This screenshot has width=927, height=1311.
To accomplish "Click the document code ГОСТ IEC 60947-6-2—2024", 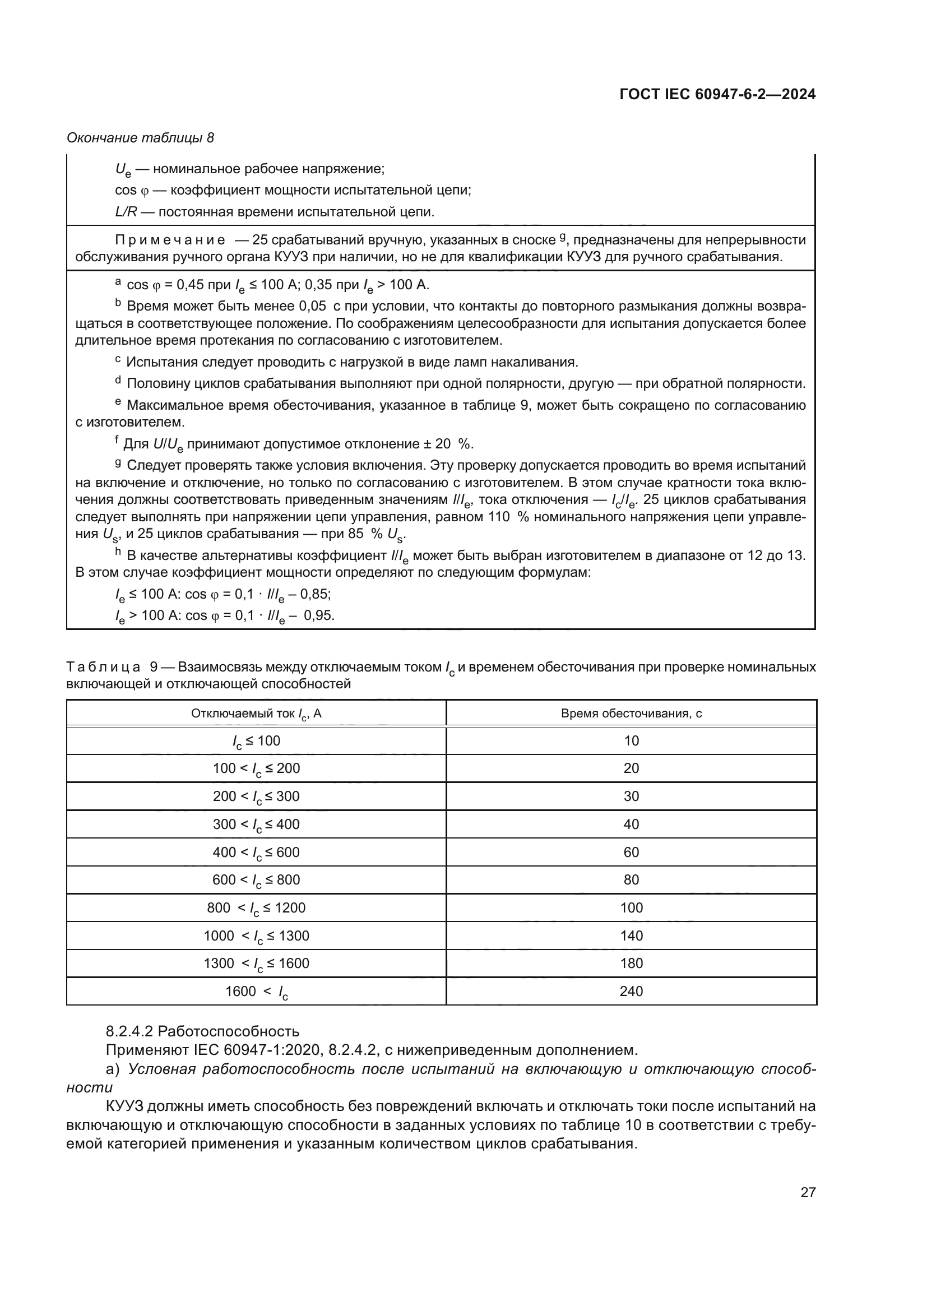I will click(717, 94).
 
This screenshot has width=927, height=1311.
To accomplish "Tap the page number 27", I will click(808, 1192).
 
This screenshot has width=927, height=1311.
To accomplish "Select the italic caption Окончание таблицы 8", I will click(141, 138).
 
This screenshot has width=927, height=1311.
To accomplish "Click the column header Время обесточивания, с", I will click(631, 713).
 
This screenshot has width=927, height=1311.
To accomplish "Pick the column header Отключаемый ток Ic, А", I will click(256, 714).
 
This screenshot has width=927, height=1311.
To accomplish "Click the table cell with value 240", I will click(631, 992).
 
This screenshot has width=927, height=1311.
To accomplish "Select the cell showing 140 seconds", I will click(631, 935).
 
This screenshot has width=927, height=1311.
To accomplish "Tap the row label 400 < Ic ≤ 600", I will click(256, 852).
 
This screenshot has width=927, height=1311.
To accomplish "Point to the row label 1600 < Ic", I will click(256, 992).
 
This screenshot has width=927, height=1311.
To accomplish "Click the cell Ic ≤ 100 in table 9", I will click(256, 741).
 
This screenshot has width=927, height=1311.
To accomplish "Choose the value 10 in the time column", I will click(631, 741).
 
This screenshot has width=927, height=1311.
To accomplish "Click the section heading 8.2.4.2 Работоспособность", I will click(203, 1031).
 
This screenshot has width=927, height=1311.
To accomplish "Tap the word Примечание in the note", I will click(169, 240).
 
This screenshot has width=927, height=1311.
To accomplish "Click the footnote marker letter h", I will click(118, 552).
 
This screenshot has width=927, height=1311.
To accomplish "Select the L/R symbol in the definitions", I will click(126, 212).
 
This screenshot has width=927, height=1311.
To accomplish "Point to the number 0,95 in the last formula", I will click(318, 615).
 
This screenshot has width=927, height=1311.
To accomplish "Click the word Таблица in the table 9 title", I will click(103, 667).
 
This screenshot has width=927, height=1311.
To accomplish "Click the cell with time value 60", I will click(631, 852).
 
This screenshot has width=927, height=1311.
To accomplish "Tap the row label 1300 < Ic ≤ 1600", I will click(256, 963).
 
